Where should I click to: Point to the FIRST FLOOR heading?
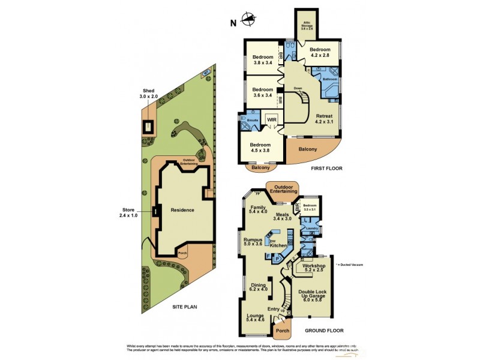point(326,169)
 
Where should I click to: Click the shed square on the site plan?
point(148,127)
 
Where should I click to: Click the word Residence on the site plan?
point(182,210)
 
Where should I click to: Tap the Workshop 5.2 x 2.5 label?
point(314,268)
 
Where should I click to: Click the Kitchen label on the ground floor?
point(278,246)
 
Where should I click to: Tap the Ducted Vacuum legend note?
point(350,265)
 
